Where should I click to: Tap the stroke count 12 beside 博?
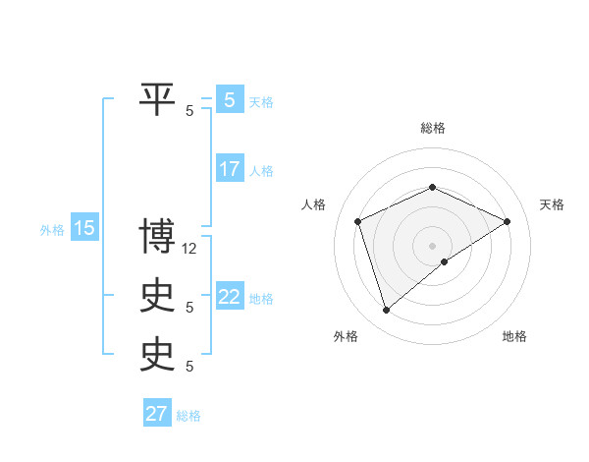tap(190, 249)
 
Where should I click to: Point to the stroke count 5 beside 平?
tap(189, 111)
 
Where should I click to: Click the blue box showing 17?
tap(230, 169)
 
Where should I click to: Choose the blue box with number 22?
tap(230, 297)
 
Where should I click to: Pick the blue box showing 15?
tap(84, 229)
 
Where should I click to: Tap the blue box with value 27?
tap(157, 414)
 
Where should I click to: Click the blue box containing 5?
tap(230, 99)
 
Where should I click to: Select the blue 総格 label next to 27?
tap(188, 416)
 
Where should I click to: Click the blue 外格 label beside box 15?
tap(52, 230)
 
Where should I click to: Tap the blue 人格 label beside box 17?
tap(261, 171)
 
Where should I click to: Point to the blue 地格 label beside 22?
tap(261, 299)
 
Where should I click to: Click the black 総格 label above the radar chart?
tap(432, 128)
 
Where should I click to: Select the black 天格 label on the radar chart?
tap(552, 204)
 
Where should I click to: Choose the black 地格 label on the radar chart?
tap(514, 337)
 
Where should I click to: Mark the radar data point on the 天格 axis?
tap(507, 221)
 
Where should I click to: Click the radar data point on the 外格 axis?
tap(386, 311)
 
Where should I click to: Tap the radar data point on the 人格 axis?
tap(358, 221)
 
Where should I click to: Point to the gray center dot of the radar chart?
tap(432, 245)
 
